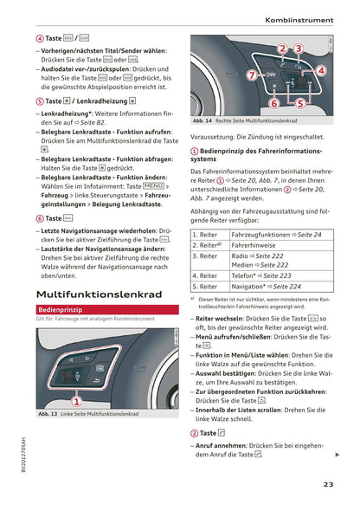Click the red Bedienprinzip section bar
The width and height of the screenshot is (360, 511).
(x=61, y=308)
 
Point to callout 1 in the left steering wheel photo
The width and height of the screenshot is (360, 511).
(x=76, y=400)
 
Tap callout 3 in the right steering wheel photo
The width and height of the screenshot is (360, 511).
(x=297, y=49)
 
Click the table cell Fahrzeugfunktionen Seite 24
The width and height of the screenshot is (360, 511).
(x=276, y=235)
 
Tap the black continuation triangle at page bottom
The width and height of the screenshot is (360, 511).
(x=337, y=455)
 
